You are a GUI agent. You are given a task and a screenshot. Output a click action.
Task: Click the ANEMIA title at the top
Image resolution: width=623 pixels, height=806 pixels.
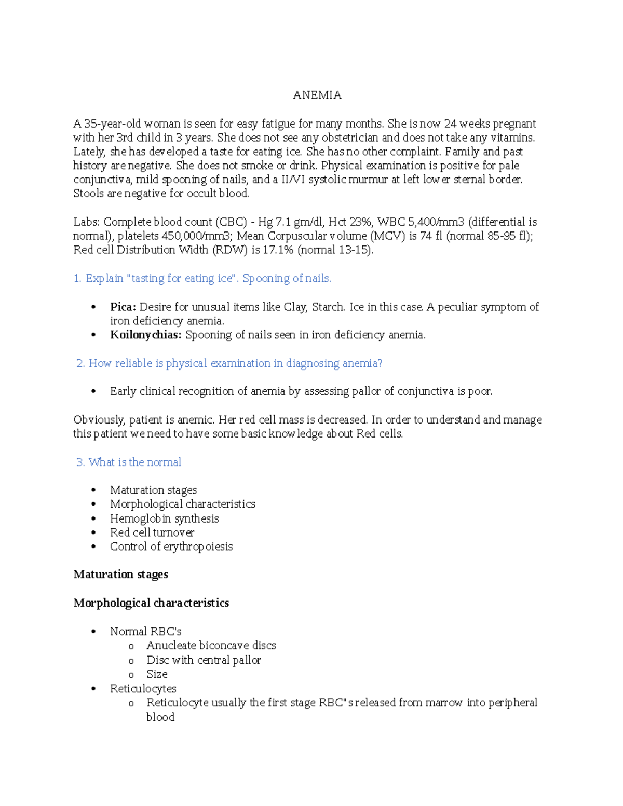click(317, 95)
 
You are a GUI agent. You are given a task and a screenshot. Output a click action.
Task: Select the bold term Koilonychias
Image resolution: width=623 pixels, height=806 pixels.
click(145, 335)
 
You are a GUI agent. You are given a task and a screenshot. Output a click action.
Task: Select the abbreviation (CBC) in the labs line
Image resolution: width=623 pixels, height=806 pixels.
click(231, 222)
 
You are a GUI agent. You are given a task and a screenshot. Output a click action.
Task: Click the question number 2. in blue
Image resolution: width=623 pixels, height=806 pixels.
click(80, 363)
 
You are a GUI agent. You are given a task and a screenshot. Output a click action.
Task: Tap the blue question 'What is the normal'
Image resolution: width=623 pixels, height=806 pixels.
click(134, 462)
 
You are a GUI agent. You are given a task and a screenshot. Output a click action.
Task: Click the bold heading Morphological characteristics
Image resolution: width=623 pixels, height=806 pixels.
click(151, 603)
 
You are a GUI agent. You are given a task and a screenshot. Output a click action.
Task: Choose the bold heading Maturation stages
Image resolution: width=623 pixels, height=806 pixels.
click(120, 575)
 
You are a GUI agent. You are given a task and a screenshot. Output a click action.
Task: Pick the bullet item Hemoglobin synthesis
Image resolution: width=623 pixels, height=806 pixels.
click(164, 518)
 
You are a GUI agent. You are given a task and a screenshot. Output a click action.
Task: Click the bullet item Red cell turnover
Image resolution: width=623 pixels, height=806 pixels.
click(152, 532)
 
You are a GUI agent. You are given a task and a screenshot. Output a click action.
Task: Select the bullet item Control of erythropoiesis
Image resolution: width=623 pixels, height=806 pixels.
click(171, 547)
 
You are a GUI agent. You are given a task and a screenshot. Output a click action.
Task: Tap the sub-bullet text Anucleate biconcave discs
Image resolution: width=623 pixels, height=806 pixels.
click(211, 646)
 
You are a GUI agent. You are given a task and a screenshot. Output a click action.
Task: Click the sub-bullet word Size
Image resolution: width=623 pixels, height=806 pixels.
click(157, 674)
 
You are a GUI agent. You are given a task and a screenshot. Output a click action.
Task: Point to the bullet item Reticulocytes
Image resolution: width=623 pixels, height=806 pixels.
click(143, 689)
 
